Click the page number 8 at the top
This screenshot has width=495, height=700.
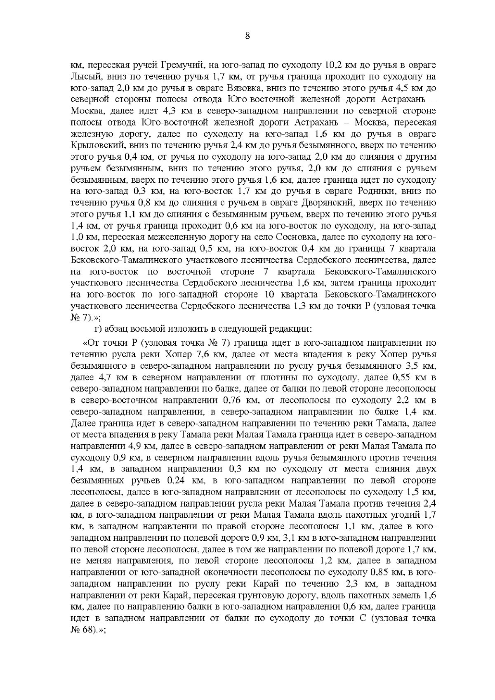pos(247,36)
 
